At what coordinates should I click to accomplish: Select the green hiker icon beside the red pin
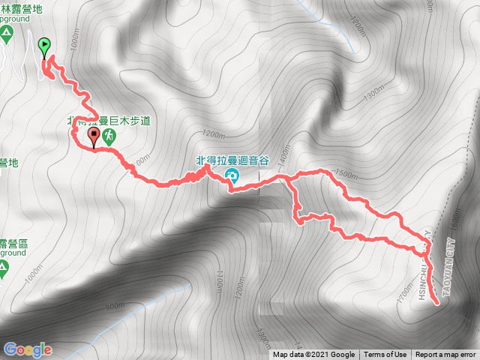[x=110, y=136]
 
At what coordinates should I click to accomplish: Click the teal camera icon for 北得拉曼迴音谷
[x=232, y=177]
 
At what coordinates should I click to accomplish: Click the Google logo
[x=27, y=349]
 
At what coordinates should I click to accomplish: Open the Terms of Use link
[x=385, y=355]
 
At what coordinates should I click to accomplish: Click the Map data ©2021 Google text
[x=313, y=355]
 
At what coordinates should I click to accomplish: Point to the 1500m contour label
[x=346, y=175]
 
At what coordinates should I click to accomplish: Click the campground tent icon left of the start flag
[x=5, y=33]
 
